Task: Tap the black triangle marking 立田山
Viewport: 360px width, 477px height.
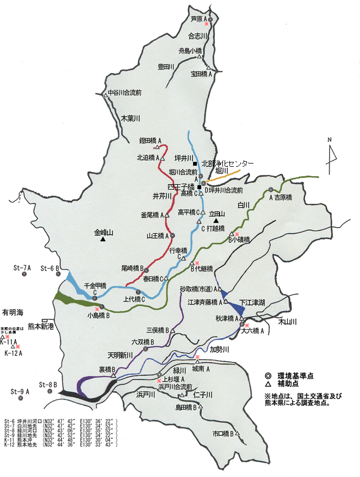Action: point(216,221)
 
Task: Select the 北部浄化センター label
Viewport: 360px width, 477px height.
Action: point(227,164)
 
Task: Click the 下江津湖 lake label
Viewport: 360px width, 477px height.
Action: point(252,302)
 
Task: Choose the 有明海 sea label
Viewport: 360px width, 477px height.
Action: point(13,312)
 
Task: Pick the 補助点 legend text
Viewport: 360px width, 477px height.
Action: point(286,384)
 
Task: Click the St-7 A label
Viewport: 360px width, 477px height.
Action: point(22,268)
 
